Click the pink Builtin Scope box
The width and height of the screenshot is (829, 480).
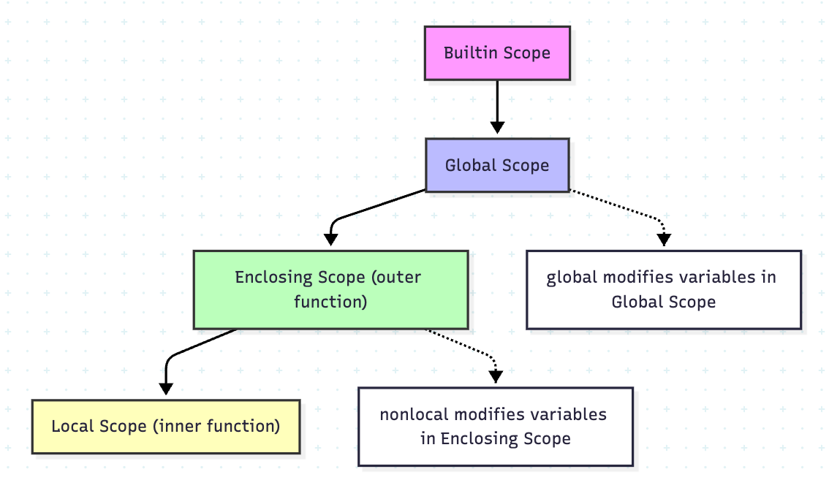click(x=497, y=53)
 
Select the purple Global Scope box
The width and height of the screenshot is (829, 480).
click(x=497, y=166)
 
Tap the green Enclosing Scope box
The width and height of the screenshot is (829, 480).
click(x=330, y=289)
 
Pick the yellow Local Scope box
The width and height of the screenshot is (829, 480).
click(x=166, y=427)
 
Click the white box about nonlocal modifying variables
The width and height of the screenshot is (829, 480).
click(x=495, y=427)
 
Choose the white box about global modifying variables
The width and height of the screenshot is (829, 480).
click(x=663, y=289)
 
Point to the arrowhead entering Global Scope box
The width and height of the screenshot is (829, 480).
click(x=497, y=128)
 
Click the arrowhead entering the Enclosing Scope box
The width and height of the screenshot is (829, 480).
click(x=330, y=239)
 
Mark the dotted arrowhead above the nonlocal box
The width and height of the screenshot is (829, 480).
click(x=496, y=376)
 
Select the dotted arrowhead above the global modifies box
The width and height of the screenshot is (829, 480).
click(x=664, y=240)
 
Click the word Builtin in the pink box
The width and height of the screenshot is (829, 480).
click(x=469, y=53)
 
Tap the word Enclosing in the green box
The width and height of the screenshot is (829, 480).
click(x=274, y=278)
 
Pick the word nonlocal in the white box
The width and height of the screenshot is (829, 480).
click(x=414, y=415)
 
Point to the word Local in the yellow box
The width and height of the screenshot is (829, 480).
click(x=72, y=427)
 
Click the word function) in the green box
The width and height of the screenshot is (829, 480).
click(x=330, y=301)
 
